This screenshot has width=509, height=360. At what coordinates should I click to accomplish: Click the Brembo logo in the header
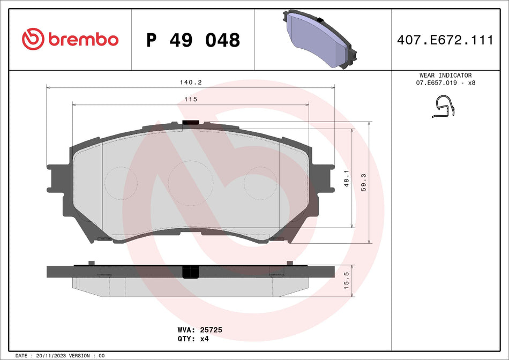(70, 39)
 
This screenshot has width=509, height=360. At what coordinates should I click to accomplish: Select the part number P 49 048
(193, 40)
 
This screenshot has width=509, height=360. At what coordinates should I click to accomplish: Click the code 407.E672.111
(445, 40)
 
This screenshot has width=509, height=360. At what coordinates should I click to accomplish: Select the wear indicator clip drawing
(444, 107)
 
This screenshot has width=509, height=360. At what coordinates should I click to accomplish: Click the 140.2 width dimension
(190, 82)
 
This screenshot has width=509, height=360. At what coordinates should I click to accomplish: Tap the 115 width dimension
(191, 100)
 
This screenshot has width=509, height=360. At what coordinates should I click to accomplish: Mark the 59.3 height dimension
(364, 182)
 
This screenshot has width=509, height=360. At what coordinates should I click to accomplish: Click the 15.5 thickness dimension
(347, 280)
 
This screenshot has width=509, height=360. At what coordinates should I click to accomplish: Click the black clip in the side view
(190, 272)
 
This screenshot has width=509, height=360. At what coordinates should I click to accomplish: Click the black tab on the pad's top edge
(190, 123)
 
